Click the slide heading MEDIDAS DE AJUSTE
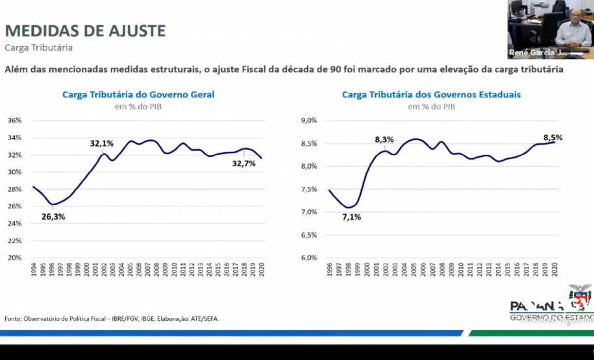pos(85,30)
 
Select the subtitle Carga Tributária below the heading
pos(38,47)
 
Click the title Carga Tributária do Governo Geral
pos(138,95)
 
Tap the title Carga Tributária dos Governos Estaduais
pos(431,95)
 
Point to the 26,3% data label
pos(53,217)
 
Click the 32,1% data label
pos(102,143)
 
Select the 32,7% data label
pos(244,164)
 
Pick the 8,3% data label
pos(384,139)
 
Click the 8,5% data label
pos(552,138)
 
